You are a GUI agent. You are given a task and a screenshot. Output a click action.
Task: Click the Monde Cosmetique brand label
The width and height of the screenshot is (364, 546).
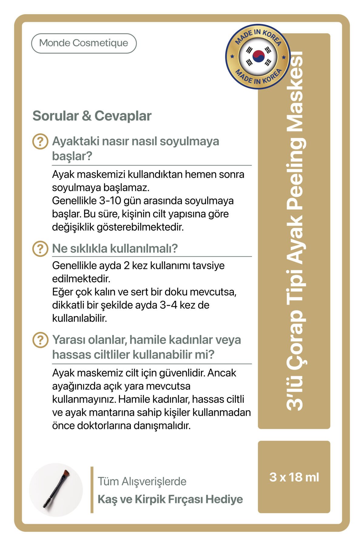tap(84, 43)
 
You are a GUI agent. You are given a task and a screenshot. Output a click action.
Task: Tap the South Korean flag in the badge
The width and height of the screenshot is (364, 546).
tap(258, 56)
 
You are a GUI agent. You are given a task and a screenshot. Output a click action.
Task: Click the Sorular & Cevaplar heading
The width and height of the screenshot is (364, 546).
tap(92, 116)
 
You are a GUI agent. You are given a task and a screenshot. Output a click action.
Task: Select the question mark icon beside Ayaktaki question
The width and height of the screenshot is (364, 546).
tap(40, 141)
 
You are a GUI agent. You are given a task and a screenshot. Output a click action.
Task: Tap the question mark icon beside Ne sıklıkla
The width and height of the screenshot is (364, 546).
tap(40, 249)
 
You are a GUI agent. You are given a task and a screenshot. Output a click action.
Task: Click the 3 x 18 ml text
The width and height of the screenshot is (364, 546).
tap(294, 477)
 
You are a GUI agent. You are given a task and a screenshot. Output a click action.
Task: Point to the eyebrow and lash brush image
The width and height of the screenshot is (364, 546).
tap(56, 489)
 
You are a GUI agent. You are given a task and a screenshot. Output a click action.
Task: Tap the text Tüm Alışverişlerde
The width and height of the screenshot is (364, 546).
tap(142, 481)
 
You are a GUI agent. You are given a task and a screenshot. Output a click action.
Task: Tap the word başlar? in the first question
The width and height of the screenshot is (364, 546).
tap(72, 156)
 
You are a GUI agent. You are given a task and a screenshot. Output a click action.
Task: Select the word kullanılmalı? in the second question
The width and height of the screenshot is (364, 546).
tap(144, 248)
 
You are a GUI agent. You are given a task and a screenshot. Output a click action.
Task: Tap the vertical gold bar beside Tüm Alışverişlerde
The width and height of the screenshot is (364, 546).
tap(92, 490)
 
